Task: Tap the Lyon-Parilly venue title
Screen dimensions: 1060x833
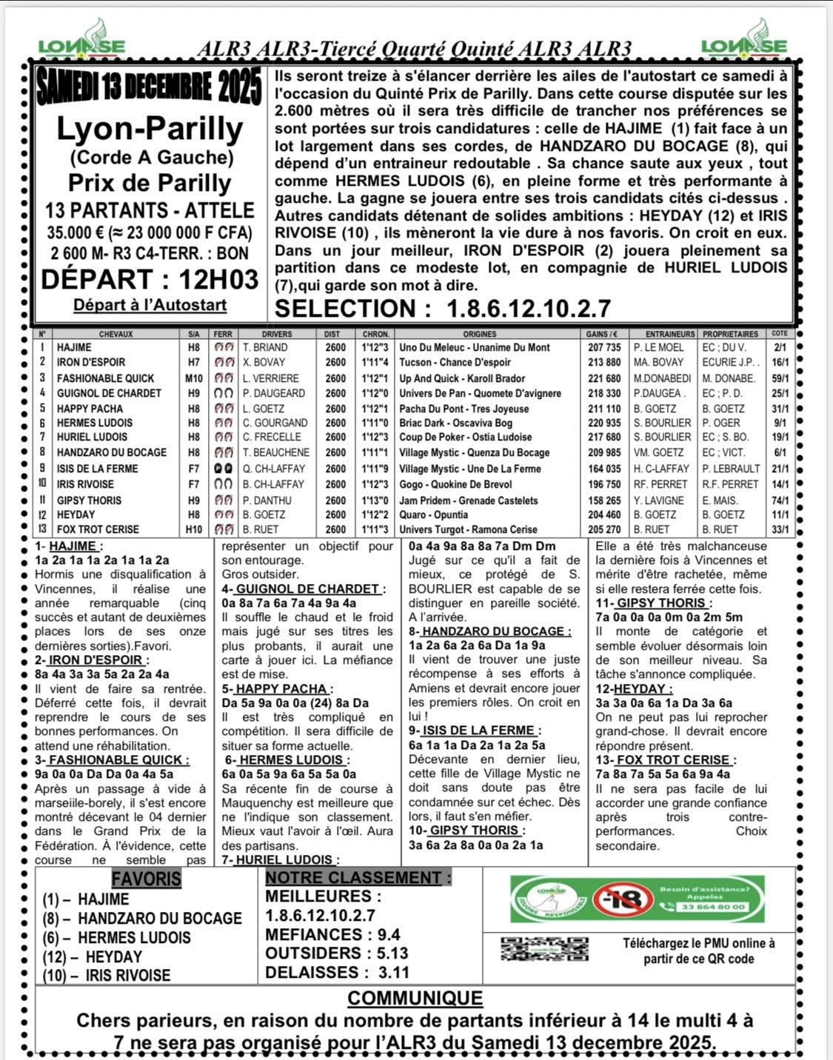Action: point(150,130)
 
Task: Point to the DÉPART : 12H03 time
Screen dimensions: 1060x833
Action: point(150,280)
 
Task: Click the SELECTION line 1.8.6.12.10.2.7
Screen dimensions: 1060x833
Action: point(443,309)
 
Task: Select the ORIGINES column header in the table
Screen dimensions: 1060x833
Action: point(480,334)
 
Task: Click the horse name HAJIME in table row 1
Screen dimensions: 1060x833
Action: point(74,347)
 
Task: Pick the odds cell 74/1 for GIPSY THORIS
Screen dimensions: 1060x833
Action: point(780,500)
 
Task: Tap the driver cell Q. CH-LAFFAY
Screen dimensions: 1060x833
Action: point(273,469)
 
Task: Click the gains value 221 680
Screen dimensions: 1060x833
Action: point(603,378)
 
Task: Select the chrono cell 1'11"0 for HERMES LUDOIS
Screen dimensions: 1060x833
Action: point(375,423)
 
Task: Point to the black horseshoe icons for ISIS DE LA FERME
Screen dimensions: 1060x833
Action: point(223,469)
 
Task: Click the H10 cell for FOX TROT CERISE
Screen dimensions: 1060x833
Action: point(193,529)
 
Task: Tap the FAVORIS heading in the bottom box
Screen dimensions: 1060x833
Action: point(146,879)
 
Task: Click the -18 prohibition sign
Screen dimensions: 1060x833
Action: point(622,899)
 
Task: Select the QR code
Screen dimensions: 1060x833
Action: point(544,949)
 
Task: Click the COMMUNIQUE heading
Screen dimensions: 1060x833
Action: point(415,998)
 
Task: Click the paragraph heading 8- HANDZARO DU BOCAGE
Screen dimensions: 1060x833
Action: point(489,631)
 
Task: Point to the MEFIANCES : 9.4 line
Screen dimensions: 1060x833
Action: point(332,935)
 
